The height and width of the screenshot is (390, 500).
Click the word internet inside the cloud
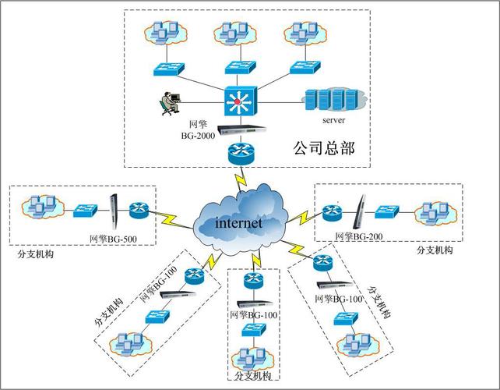[239, 223]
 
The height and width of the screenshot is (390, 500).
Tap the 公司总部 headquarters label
[323, 147]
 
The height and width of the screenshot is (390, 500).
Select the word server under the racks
[333, 121]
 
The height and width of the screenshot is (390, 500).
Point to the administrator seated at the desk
[167, 103]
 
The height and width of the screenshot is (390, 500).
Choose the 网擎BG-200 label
[359, 236]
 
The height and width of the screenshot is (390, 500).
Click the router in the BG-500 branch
[139, 210]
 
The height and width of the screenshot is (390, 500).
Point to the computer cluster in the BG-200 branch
[433, 211]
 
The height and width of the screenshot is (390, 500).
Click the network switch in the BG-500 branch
[85, 211]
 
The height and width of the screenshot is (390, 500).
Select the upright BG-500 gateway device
[114, 209]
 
